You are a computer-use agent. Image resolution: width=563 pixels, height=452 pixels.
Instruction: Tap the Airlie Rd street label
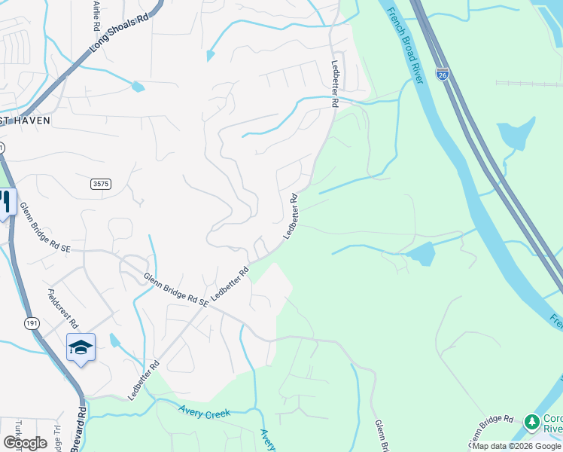[x=96, y=15]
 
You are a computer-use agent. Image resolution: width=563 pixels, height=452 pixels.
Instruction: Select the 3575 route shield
[x=99, y=184]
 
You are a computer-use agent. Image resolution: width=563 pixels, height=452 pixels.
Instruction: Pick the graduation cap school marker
[x=81, y=347]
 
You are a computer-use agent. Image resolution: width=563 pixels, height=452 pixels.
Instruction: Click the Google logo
[x=25, y=443]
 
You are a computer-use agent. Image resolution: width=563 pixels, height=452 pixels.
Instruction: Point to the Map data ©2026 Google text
[x=516, y=446]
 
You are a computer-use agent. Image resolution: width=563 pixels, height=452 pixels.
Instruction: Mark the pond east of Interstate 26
[x=515, y=134]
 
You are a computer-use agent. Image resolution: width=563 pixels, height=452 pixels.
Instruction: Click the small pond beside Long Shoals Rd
[x=137, y=87]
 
